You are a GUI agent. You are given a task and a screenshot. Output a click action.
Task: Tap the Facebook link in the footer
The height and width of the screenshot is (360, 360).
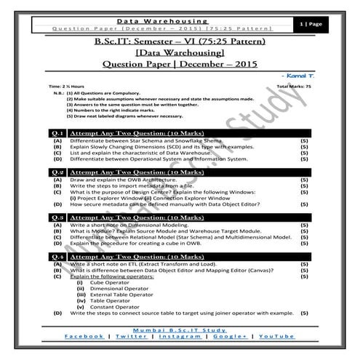click(x=84, y=337)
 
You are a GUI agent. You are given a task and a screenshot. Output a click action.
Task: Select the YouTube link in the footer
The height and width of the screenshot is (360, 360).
click(x=277, y=337)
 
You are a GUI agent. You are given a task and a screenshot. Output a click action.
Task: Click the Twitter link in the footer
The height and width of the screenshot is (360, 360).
click(x=131, y=337)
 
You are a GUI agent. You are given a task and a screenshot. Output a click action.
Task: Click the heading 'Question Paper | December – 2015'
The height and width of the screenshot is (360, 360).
click(x=180, y=63)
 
